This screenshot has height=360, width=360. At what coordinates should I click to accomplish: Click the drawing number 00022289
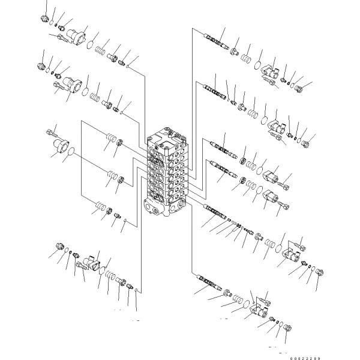[305, 358]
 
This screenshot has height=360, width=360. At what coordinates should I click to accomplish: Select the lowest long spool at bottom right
[209, 282]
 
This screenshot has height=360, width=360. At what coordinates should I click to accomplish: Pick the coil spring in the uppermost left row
[100, 51]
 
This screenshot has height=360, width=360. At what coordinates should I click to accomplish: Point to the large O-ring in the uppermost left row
[90, 44]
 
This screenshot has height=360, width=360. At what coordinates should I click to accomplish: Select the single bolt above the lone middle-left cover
[52, 133]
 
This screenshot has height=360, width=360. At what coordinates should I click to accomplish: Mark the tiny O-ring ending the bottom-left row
[136, 290]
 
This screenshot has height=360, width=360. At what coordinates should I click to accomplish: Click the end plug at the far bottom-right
[288, 328]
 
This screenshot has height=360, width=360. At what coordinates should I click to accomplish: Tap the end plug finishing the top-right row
[299, 88]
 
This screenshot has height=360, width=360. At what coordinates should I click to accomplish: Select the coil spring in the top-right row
[246, 58]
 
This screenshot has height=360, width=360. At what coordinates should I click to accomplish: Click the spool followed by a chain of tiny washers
[215, 211]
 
